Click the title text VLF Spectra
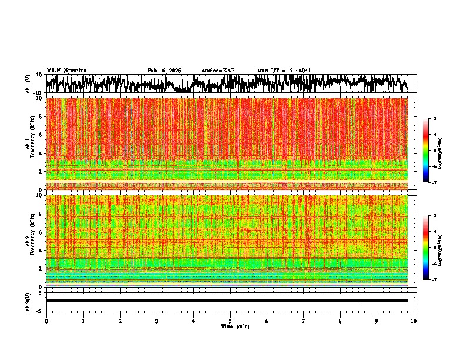pyautogui.click(x=66, y=71)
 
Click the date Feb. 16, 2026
pyautogui.click(x=164, y=71)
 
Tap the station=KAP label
pyautogui.click(x=218, y=71)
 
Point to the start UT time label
pyautogui.click(x=284, y=71)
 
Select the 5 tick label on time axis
pyautogui.click(x=231, y=321)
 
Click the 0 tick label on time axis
pyautogui.click(x=46, y=321)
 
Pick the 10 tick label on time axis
pyautogui.click(x=414, y=321)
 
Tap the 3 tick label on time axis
pyautogui.click(x=157, y=321)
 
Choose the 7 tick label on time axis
pyautogui.click(x=304, y=321)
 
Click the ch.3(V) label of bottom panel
pyautogui.click(x=28, y=301)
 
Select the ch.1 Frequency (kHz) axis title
pyautogui.click(x=31, y=144)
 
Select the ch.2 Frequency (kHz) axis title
pyautogui.click(x=31, y=241)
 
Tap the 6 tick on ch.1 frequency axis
pyautogui.click(x=42, y=135)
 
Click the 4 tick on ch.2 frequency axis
pyautogui.click(x=42, y=250)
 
